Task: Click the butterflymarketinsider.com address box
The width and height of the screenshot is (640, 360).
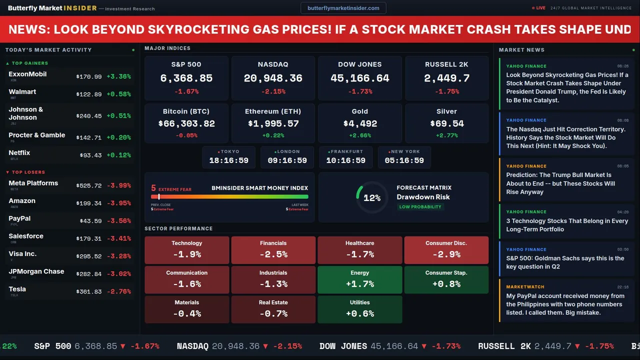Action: [x=343, y=8]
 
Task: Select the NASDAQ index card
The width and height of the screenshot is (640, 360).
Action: [x=273, y=78]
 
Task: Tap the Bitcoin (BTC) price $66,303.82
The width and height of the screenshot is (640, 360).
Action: [x=186, y=123]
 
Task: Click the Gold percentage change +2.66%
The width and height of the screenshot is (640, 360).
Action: [x=359, y=135]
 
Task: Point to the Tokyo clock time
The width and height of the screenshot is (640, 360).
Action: [x=228, y=160]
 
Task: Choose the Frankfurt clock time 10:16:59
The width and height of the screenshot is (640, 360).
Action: [x=345, y=160]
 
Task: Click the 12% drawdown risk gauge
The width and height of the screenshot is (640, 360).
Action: [x=372, y=197]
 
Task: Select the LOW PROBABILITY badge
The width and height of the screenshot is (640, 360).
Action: [x=420, y=207]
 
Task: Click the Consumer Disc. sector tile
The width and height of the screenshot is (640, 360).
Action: [x=446, y=250]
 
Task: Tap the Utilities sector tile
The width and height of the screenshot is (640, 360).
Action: [x=359, y=309]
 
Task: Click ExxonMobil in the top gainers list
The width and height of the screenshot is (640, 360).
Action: [x=27, y=74]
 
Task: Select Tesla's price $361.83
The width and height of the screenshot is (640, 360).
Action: [x=89, y=291]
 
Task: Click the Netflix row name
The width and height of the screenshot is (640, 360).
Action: [x=19, y=153]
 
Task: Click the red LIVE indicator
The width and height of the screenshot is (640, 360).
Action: [x=540, y=8]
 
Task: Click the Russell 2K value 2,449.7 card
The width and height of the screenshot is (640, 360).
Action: [x=446, y=78]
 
